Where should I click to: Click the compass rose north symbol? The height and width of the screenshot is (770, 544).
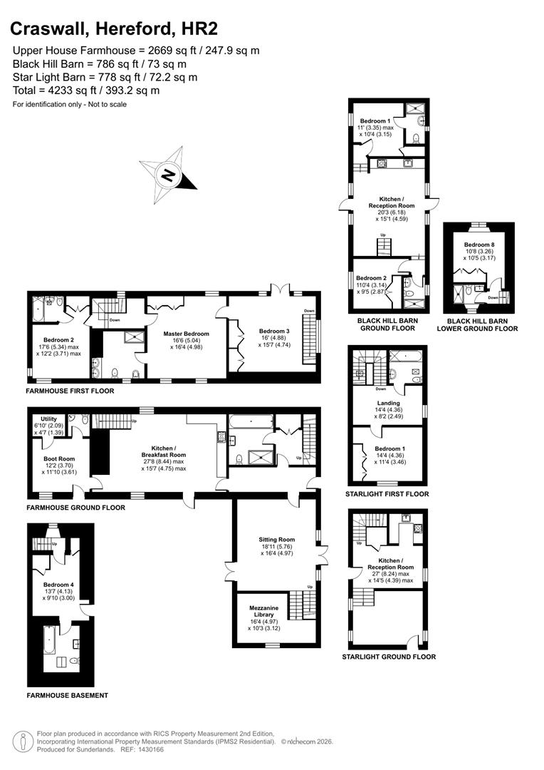click(168, 174)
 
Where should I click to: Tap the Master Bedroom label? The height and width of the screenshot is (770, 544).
click(185, 334)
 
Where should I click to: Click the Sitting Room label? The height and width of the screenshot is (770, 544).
click(277, 540)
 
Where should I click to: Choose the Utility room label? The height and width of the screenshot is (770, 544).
click(48, 419)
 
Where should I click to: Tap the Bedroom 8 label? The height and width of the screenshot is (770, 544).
click(478, 245)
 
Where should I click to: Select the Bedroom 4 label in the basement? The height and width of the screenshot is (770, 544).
click(58, 583)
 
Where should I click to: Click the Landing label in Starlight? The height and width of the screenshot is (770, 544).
click(387, 403)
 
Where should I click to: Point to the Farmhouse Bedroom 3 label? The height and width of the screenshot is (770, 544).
click(274, 331)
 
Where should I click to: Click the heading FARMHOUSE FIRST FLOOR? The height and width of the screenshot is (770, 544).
click(70, 391)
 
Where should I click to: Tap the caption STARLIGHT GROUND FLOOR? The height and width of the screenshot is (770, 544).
click(389, 657)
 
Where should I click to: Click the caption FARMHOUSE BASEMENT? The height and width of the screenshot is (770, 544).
click(67, 695)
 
